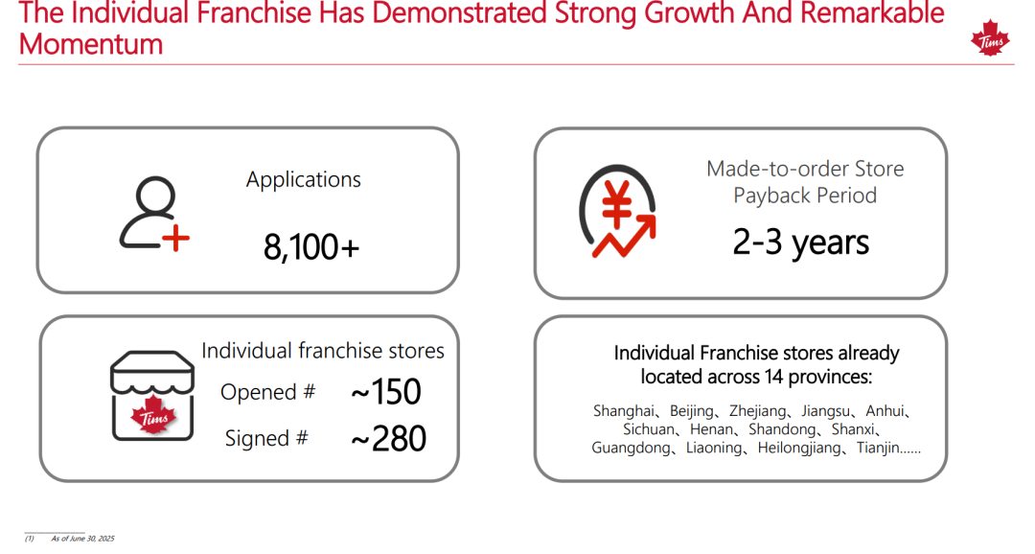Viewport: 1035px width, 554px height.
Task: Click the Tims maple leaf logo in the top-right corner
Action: pyautogui.click(x=990, y=38)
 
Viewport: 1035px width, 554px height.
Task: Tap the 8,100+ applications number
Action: pyautogui.click(x=310, y=247)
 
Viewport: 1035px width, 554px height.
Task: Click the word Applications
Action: pyautogui.click(x=304, y=179)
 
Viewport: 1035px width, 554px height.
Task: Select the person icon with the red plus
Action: pyautogui.click(x=154, y=214)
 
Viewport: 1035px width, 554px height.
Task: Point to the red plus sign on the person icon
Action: pyautogui.click(x=176, y=239)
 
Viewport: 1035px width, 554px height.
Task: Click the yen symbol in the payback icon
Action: pyautogui.click(x=617, y=203)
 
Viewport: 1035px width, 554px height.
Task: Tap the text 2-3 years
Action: pyautogui.click(x=800, y=242)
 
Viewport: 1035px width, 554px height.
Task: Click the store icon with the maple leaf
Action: pyautogui.click(x=152, y=396)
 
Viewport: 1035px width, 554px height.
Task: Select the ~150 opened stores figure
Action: pyautogui.click(x=386, y=392)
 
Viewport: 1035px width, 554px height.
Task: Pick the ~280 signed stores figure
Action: pyautogui.click(x=388, y=438)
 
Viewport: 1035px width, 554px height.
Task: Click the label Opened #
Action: pyautogui.click(x=268, y=392)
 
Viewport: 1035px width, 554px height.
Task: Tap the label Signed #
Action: pyautogui.click(x=266, y=438)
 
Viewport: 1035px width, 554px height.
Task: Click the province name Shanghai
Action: pyautogui.click(x=624, y=411)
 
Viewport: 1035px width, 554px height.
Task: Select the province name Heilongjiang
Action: pyautogui.click(x=799, y=449)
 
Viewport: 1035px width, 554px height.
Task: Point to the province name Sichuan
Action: pyautogui.click(x=649, y=429)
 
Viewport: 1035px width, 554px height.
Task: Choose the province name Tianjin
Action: pyautogui.click(x=878, y=449)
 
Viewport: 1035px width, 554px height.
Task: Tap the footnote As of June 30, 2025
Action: pyautogui.click(x=83, y=539)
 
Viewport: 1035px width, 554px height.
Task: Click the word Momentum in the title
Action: pyautogui.click(x=91, y=44)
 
